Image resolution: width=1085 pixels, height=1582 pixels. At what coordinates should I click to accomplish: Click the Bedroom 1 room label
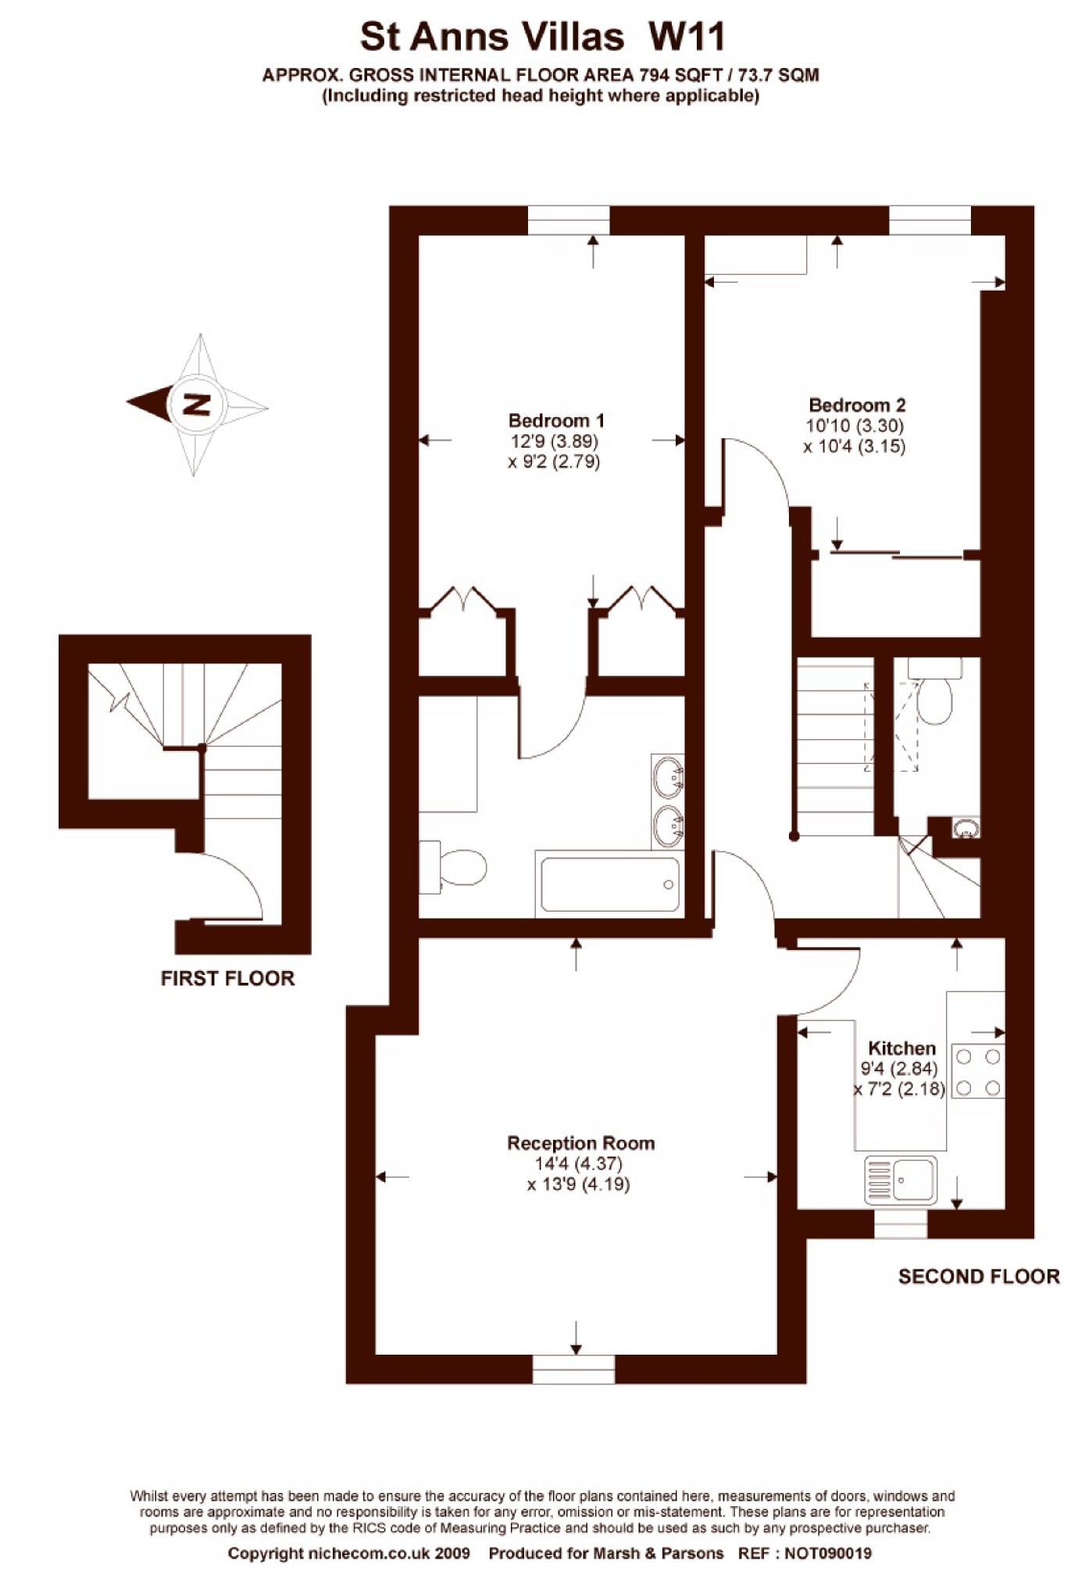555,420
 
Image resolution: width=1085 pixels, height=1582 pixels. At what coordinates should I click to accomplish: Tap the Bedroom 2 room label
857,405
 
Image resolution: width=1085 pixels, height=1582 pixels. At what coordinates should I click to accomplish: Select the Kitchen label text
901,1048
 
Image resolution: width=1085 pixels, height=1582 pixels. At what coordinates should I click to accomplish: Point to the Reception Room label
581,1143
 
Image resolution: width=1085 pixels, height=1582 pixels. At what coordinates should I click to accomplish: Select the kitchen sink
901,1180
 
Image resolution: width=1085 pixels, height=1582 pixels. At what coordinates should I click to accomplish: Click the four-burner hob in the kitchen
978,1072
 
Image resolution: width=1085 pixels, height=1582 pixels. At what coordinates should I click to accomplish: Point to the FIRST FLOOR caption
227,978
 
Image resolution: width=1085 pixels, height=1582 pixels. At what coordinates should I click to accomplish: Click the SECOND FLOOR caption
979,1277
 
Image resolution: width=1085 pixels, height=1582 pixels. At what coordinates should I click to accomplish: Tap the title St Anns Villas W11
543,36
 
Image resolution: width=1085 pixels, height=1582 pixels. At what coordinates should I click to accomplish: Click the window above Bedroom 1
569,220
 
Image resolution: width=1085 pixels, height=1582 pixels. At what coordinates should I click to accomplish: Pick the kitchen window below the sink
901,1224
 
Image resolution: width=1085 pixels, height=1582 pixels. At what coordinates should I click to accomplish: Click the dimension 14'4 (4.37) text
578,1164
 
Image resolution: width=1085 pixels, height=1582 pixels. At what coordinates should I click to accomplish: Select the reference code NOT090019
828,1553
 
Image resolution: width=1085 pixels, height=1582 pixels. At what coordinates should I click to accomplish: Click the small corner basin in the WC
966,828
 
